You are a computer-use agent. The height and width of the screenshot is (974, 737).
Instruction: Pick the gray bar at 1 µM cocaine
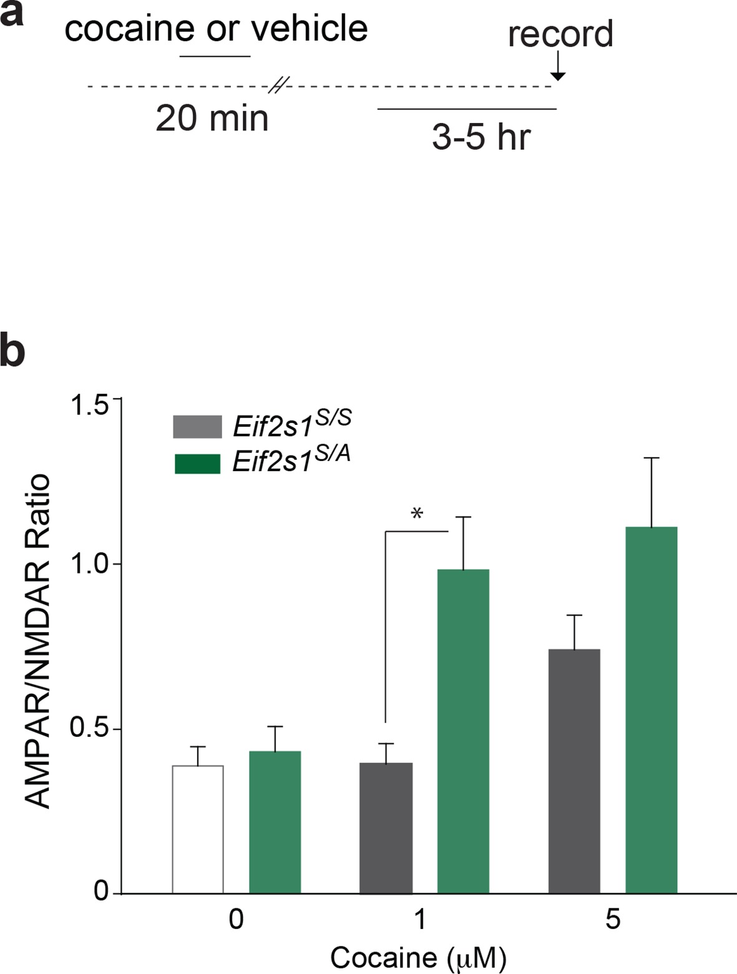tap(386, 827)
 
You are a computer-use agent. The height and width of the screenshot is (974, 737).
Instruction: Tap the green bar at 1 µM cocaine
tap(463, 731)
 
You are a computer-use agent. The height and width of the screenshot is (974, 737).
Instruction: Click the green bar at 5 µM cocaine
tap(652, 709)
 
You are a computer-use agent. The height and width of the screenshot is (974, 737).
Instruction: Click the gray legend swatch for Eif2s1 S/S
tap(197, 427)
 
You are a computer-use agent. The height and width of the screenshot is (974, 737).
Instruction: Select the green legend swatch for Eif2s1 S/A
tap(197, 464)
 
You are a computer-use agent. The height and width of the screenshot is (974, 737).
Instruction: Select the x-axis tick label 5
tap(613, 919)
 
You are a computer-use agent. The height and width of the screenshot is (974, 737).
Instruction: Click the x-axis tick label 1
tap(420, 919)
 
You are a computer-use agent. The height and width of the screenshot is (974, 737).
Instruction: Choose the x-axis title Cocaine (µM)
tap(417, 958)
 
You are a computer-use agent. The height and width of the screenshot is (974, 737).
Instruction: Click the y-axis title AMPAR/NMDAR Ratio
tap(39, 642)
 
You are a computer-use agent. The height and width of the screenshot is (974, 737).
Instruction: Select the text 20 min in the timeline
tap(212, 119)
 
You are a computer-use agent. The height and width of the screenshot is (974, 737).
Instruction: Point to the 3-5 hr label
tap(481, 137)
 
